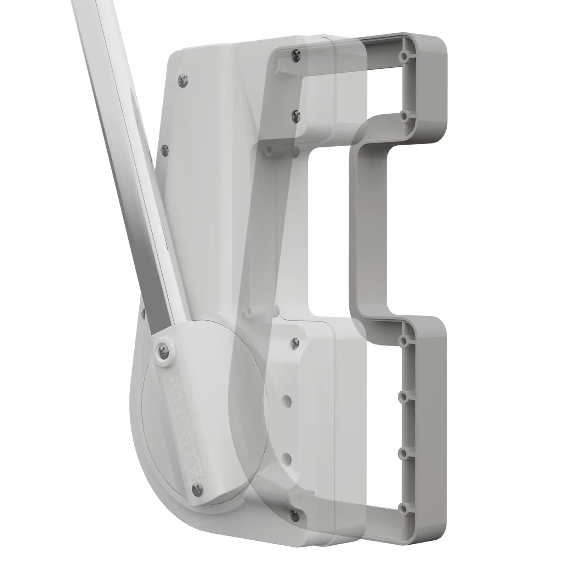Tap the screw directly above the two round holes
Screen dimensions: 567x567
coord(295,342)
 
